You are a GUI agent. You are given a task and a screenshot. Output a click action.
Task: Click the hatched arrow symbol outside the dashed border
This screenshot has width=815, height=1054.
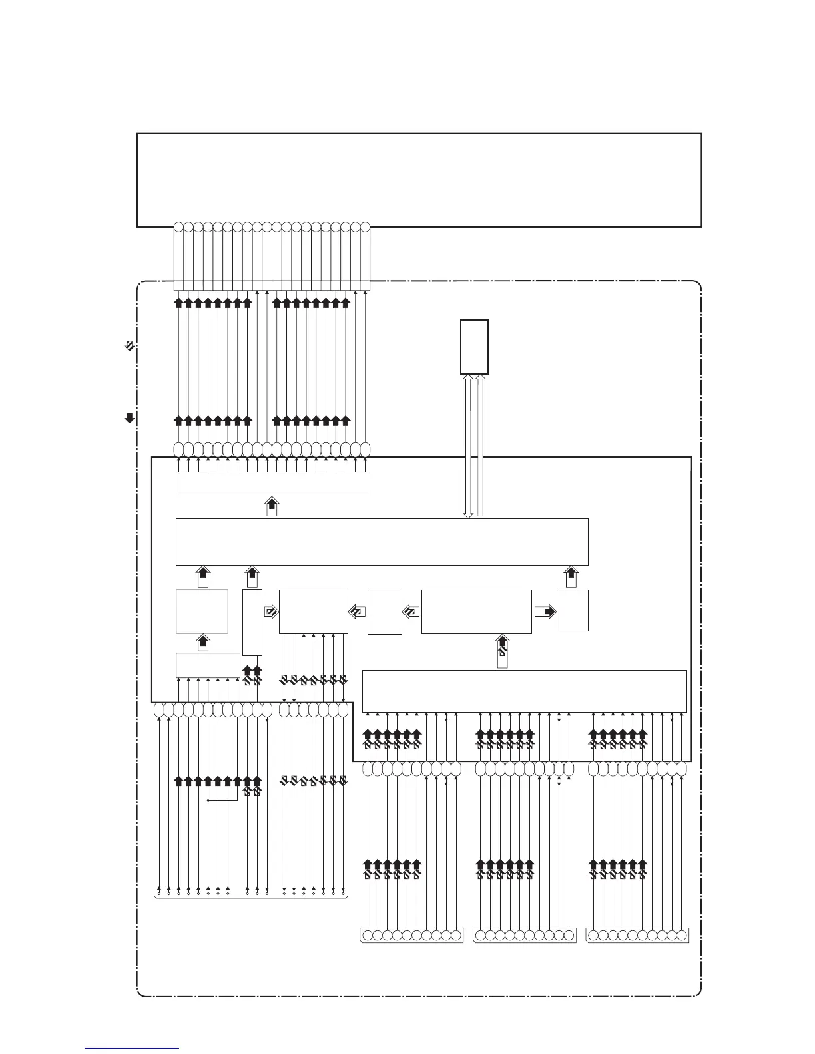click(x=130, y=345)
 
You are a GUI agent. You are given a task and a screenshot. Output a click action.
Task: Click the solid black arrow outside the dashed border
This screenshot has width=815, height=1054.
click(x=130, y=418)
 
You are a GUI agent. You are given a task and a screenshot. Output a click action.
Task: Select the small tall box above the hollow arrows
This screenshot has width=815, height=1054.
click(x=474, y=347)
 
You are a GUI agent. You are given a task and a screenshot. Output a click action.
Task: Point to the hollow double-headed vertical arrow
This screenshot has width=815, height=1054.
click(x=468, y=446)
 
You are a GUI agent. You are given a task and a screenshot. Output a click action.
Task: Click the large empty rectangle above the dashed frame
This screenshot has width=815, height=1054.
click(x=419, y=180)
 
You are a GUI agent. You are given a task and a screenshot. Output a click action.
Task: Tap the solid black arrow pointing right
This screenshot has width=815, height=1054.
click(x=545, y=612)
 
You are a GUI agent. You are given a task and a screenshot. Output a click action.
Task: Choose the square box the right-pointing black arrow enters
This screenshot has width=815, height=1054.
click(x=572, y=610)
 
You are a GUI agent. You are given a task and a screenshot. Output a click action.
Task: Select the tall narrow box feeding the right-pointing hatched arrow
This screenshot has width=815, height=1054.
click(x=252, y=622)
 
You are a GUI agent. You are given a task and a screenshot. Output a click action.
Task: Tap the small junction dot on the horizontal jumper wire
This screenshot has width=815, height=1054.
click(x=208, y=800)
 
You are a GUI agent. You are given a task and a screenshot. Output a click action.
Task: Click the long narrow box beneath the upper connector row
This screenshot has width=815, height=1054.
click(x=272, y=483)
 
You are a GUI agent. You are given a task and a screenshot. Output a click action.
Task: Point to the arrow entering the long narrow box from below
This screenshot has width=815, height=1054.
click(x=272, y=506)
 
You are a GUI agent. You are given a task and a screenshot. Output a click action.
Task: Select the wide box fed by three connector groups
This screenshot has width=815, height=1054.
click(x=524, y=691)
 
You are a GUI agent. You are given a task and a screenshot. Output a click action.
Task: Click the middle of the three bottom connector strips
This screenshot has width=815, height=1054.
click(x=524, y=935)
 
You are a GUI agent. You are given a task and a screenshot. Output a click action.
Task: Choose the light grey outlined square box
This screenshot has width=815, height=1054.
click(x=202, y=611)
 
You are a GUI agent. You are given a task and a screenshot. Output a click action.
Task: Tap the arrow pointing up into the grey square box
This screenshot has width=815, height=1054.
click(x=204, y=643)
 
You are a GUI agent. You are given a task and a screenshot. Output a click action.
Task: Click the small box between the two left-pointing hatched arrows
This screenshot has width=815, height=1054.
click(x=385, y=612)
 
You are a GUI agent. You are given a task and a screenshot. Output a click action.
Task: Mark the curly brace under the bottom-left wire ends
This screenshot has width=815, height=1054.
click(x=251, y=899)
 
